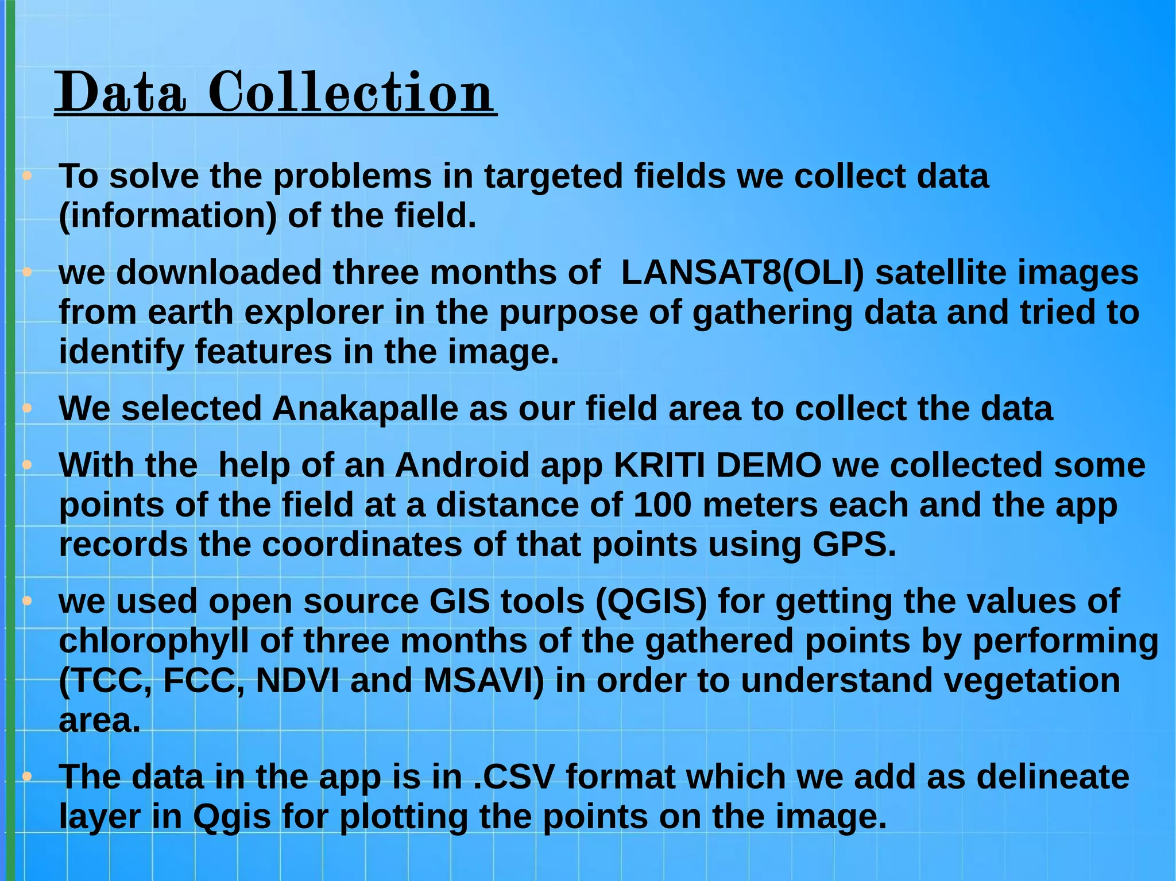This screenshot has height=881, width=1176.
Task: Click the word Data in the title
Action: tap(121, 92)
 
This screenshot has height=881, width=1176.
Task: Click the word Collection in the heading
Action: tap(350, 92)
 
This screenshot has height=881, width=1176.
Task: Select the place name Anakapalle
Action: tap(365, 409)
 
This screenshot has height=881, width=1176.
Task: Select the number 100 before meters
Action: tap(662, 505)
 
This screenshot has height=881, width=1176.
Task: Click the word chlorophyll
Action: tap(154, 641)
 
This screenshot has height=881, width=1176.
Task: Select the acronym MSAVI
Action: tap(483, 681)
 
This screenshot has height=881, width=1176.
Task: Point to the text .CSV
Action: tap(514, 777)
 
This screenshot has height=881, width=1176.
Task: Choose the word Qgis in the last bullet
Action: tap(231, 816)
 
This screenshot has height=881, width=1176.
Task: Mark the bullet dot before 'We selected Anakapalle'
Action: tap(26, 409)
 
